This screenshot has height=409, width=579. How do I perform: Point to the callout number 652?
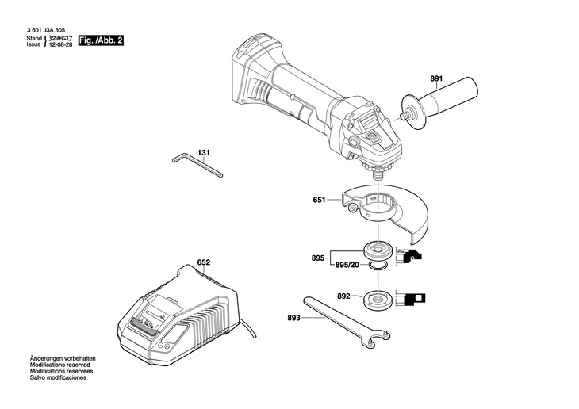click(204, 261)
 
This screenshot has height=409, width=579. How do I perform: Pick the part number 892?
click(343, 296)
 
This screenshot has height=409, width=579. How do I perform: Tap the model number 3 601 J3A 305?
click(45, 29)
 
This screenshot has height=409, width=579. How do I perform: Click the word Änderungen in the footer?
click(47, 359)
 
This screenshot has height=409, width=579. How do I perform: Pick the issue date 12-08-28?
click(62, 46)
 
